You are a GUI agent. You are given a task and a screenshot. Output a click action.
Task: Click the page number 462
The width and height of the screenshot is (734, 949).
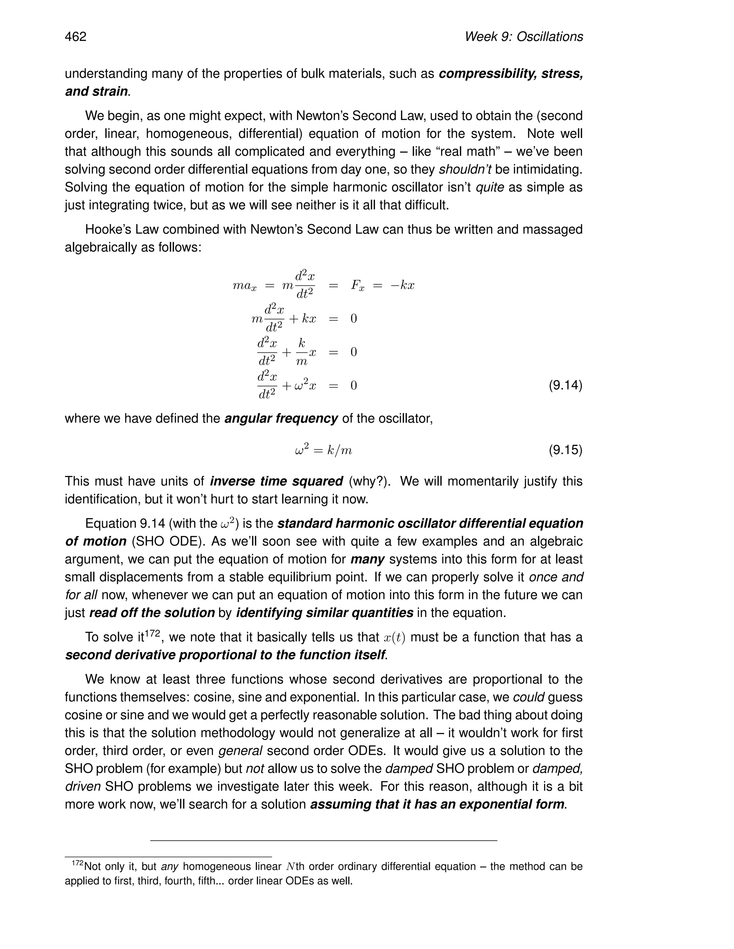click(76, 37)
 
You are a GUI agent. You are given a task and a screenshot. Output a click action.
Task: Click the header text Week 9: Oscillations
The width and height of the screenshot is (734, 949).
click(524, 37)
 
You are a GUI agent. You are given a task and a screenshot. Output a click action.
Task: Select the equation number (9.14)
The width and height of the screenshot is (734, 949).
click(565, 385)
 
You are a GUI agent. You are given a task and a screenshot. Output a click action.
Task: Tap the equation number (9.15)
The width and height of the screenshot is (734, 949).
click(565, 450)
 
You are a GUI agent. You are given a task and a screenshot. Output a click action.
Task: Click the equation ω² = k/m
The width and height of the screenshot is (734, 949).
click(323, 450)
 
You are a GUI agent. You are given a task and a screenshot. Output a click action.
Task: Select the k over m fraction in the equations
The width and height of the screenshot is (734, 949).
click(301, 352)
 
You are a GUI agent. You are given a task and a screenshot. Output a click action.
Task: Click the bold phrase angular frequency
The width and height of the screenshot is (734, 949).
click(281, 418)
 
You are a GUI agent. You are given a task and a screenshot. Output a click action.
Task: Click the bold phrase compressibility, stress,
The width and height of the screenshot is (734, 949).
click(510, 74)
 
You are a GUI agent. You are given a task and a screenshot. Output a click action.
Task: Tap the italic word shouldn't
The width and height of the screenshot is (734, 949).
click(465, 169)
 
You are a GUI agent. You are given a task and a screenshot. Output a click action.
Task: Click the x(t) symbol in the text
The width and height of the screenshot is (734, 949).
click(394, 638)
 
